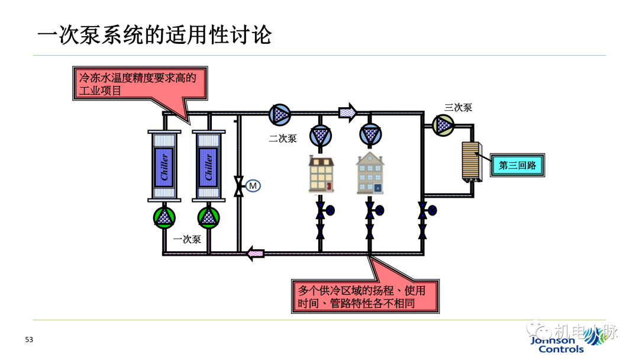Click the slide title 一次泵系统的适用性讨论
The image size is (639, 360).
(154, 34)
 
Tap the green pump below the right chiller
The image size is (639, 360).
(208, 217)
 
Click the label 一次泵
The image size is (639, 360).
(188, 240)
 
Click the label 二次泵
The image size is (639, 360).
(282, 139)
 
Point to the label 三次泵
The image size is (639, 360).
(458, 108)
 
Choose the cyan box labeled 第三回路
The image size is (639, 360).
(517, 165)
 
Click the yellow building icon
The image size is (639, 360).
(321, 173)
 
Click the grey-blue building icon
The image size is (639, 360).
(370, 173)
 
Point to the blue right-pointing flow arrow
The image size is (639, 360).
(348, 111)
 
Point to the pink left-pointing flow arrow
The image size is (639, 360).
(256, 254)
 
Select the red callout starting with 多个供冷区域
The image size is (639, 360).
(366, 297)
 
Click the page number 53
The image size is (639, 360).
(29, 340)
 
